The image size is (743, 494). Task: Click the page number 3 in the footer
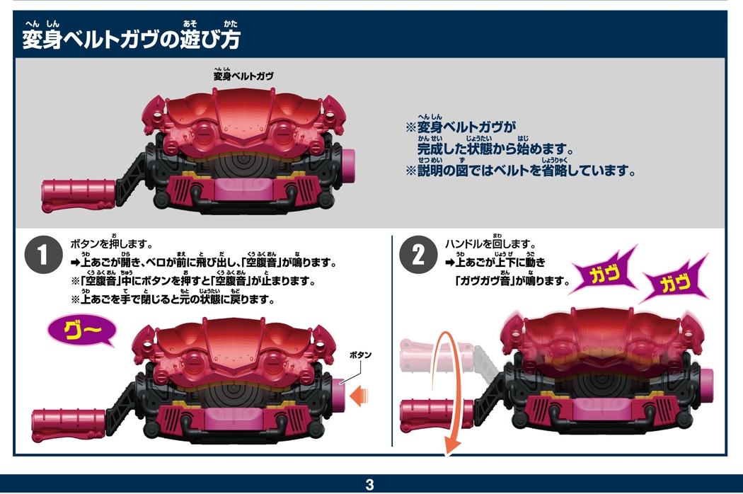coord(369,485)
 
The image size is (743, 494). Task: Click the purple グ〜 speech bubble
coord(80,330)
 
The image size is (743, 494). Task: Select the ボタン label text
coord(360,355)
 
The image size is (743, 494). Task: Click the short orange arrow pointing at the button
coord(360,391)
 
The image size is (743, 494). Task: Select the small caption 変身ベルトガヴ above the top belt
coord(243,76)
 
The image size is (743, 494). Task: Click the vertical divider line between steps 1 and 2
coord(392,340)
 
